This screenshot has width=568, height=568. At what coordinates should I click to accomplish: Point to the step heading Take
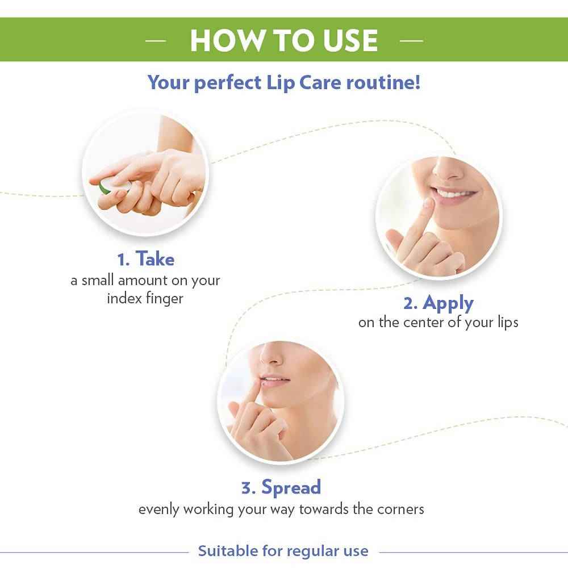point(155,260)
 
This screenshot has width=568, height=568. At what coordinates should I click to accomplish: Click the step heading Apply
point(448,303)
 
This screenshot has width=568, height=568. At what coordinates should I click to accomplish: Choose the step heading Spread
point(291,487)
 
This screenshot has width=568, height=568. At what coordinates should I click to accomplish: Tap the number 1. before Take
point(124,260)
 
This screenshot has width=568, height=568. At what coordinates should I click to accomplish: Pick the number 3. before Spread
point(248,487)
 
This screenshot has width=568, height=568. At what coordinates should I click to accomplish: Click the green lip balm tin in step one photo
point(106,186)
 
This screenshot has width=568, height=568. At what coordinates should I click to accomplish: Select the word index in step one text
point(125,298)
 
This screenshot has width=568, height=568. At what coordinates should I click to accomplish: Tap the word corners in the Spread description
point(400,508)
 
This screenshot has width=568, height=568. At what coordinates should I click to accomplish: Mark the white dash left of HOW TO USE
point(155,40)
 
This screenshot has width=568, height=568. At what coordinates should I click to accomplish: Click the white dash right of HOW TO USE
point(411,40)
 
